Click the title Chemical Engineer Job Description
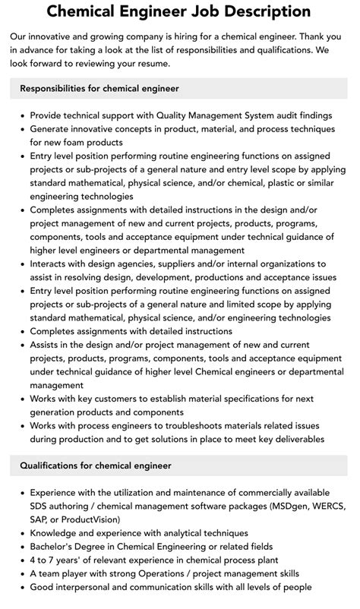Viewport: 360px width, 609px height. [x=179, y=12]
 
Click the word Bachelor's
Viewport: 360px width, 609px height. [x=55, y=547]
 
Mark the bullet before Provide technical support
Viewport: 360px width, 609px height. [x=19, y=116]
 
